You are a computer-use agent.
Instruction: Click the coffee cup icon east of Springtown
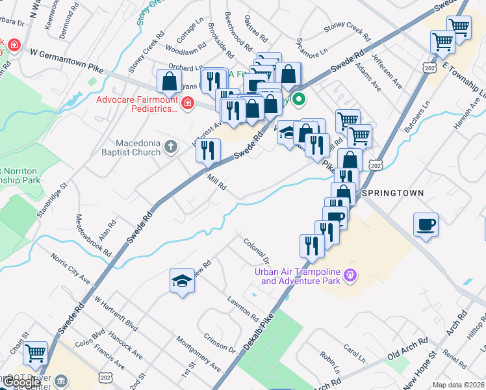click(x=426, y=225)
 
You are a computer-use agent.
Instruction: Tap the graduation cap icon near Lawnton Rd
click(x=183, y=280)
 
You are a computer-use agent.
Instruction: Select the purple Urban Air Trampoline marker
click(x=350, y=275)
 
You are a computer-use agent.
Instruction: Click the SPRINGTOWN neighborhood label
click(x=392, y=194)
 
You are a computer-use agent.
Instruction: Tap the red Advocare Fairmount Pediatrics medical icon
click(x=187, y=103)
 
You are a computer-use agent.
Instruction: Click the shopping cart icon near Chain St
click(x=36, y=353)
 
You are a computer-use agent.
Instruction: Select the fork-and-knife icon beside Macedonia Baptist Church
click(x=207, y=151)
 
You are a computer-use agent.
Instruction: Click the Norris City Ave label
click(x=70, y=267)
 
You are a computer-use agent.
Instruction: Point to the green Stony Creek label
click(x=149, y=11)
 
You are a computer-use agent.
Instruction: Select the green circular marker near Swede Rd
click(x=299, y=99)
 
